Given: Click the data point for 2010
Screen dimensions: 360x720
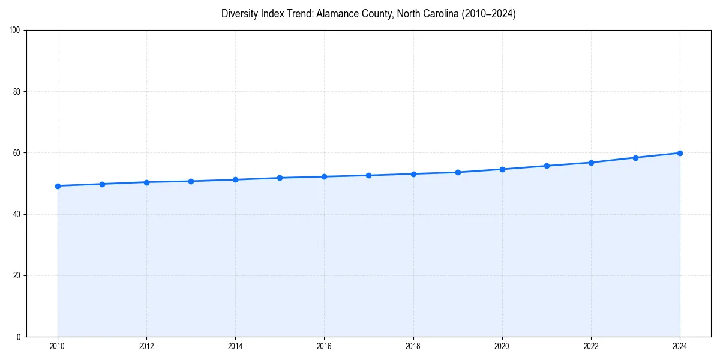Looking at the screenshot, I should tap(58, 186).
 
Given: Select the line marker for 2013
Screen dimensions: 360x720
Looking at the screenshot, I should tap(191, 181).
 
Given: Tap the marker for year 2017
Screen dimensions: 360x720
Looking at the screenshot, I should tap(368, 175).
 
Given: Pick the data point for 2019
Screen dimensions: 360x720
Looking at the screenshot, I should tap(458, 172).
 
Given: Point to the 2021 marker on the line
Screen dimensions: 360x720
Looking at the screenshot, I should tap(547, 166).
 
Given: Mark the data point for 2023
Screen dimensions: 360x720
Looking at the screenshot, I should tap(635, 158).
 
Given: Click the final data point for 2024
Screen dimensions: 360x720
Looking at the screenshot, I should tap(680, 153).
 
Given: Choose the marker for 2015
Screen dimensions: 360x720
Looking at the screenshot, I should tap(280, 178).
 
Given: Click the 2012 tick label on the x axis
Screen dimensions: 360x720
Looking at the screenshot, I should tap(146, 346).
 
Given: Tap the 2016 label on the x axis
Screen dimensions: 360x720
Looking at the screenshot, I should tap(324, 346).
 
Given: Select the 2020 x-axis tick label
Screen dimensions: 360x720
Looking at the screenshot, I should tap(502, 346).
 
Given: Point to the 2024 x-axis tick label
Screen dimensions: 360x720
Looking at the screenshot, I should tap(680, 346).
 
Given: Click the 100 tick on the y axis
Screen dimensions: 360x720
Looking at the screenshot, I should tap(16, 30).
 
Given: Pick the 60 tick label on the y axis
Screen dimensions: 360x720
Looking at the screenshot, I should tap(17, 153).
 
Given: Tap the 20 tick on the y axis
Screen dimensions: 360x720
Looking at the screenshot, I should tap(17, 275).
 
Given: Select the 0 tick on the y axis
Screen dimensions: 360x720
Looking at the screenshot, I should tap(19, 337).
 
